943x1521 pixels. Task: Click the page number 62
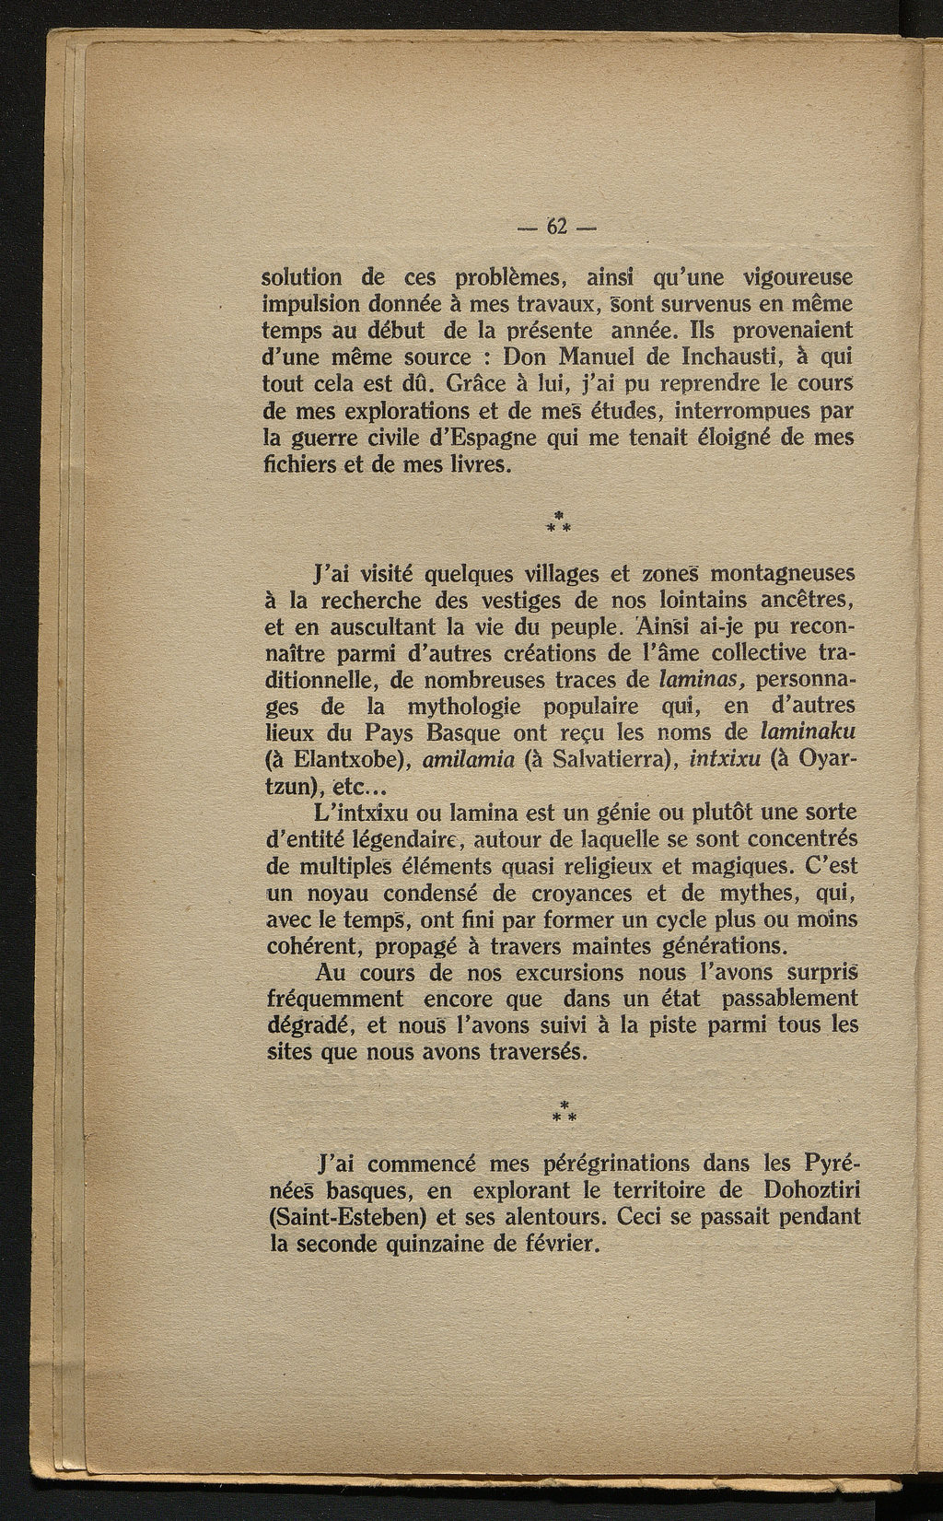point(559,227)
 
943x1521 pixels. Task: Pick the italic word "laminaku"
point(806,733)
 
